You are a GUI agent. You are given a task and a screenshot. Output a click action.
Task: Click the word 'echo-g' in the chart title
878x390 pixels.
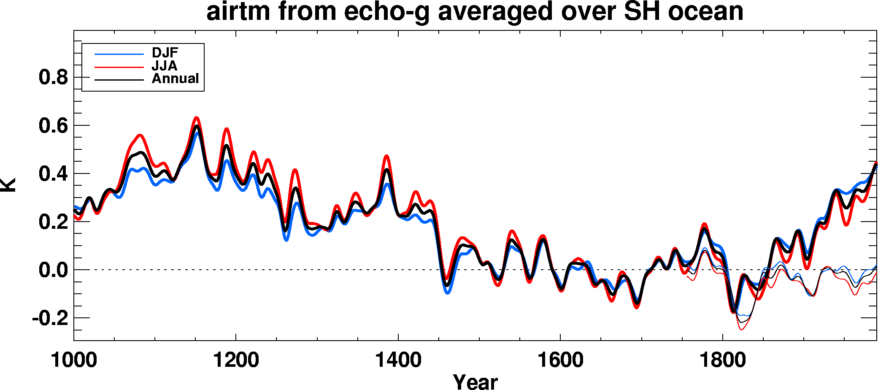tap(387, 12)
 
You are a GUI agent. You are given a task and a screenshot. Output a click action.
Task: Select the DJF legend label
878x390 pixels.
tap(165, 53)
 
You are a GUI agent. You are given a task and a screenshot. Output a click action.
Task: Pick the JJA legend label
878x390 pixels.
tap(165, 66)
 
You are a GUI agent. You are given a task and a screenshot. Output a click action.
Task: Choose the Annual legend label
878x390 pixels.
tap(175, 79)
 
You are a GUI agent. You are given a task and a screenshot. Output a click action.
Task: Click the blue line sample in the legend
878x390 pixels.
tap(119, 54)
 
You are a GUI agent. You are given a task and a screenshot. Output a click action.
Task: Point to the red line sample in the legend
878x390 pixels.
tap(119, 67)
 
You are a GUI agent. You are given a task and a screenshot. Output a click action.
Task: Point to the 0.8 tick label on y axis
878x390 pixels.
tap(53, 78)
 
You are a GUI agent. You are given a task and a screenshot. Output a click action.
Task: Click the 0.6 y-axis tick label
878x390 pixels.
tap(53, 126)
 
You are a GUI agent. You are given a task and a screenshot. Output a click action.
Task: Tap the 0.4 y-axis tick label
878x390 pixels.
tap(53, 174)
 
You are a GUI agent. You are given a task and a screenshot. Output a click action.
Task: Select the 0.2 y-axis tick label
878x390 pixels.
tap(53, 222)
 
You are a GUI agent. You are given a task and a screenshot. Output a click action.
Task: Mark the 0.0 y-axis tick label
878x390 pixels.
tap(53, 270)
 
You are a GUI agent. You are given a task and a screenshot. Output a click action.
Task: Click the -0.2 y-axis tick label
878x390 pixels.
tap(50, 318)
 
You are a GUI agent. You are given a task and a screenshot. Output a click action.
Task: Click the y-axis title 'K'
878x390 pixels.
tap(8, 185)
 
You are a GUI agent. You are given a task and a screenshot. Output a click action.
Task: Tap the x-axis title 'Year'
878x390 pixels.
tap(475, 381)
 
